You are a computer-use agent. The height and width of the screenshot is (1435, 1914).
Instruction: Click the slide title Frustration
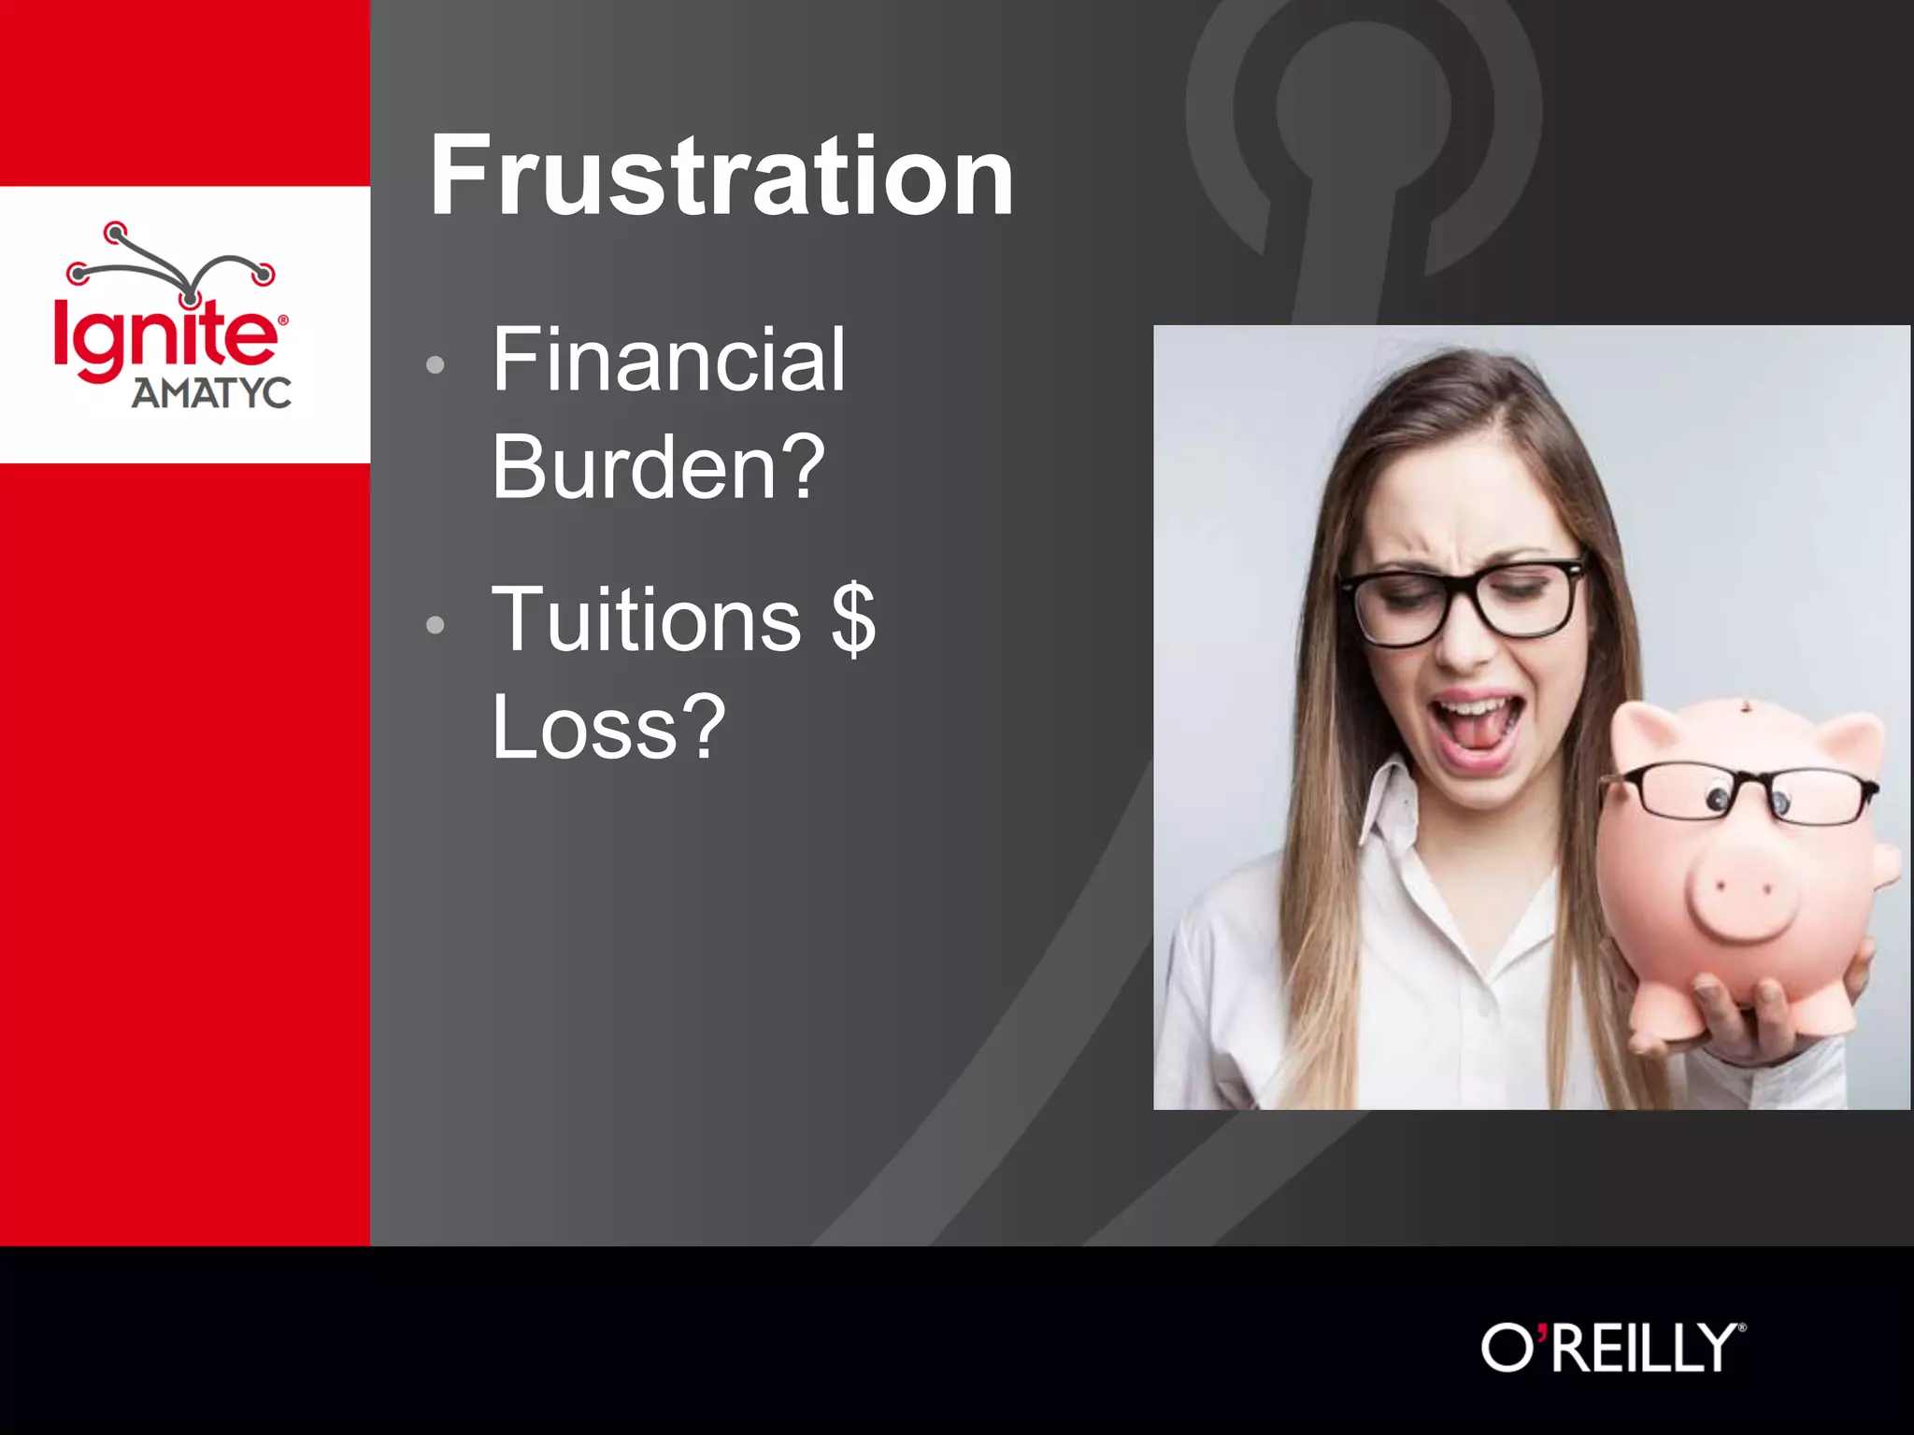click(721, 176)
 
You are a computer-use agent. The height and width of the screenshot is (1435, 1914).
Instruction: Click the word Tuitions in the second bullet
click(646, 619)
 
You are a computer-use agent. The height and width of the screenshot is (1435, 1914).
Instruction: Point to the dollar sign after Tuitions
click(853, 619)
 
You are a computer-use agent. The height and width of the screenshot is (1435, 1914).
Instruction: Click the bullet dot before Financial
click(435, 364)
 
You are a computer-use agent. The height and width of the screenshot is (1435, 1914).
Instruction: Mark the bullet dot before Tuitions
click(435, 624)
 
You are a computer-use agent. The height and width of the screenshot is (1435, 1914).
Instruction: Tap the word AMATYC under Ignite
click(211, 393)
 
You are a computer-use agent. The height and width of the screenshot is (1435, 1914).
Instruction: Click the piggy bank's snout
click(1742, 894)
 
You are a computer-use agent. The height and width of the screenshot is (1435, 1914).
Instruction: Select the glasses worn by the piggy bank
click(1739, 793)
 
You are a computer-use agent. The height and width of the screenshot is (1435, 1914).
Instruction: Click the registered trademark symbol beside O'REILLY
click(1741, 1328)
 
